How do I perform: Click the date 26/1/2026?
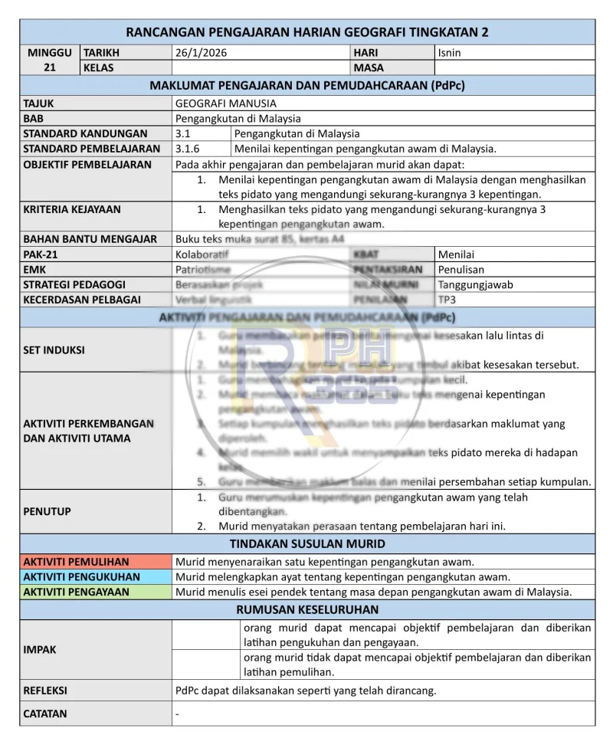[x=202, y=53]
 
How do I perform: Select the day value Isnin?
[x=450, y=53]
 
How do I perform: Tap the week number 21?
[x=49, y=67]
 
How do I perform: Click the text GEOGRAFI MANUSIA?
[x=226, y=103]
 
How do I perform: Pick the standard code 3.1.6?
[x=188, y=149]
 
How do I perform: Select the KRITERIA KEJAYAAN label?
[x=72, y=208]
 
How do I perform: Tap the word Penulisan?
[x=461, y=269]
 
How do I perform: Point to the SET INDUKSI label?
[x=54, y=350]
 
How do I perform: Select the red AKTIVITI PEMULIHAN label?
[x=76, y=562]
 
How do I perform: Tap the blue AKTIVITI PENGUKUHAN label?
[x=82, y=577]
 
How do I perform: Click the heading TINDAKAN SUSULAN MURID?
[x=307, y=544]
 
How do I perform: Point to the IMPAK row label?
[x=40, y=650]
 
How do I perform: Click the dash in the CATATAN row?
[x=178, y=714]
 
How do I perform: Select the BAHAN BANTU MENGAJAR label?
[x=90, y=238]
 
